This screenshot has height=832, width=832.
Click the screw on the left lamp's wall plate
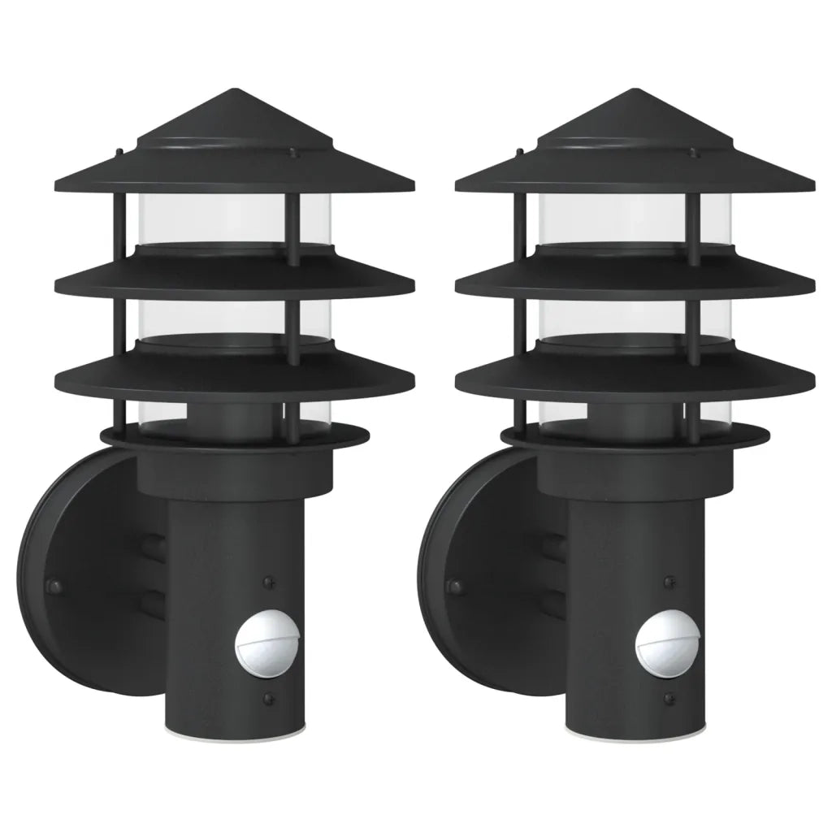pos(55,585)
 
